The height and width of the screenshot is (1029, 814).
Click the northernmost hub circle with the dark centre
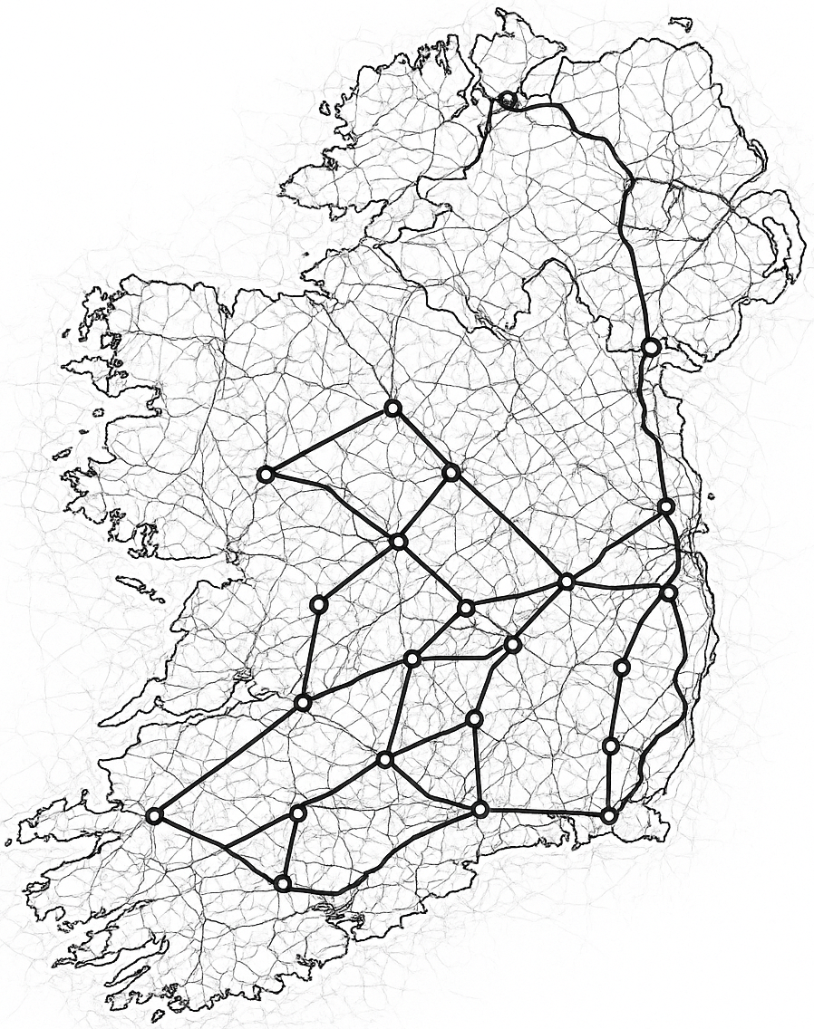507,100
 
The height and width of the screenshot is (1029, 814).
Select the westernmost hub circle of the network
154,816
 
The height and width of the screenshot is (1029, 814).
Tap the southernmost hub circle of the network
283,883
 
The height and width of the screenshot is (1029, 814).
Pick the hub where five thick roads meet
566,582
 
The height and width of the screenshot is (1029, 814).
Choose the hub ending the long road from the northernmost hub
650,346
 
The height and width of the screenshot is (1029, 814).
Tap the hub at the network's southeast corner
608,816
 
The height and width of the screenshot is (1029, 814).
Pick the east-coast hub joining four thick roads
669,592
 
